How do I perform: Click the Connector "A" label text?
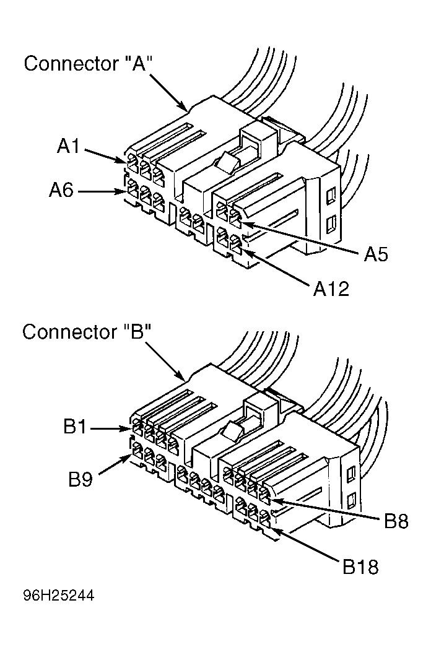tap(89, 64)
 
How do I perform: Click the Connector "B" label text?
tap(87, 332)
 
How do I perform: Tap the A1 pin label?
tap(69, 146)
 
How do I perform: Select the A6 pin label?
tap(61, 190)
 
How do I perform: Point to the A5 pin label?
tap(376, 254)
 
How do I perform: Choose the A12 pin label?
tap(331, 289)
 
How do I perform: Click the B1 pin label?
tap(75, 427)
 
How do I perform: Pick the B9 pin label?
tap(81, 479)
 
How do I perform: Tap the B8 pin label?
tap(396, 521)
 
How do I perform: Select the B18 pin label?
tap(360, 567)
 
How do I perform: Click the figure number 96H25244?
tap(59, 596)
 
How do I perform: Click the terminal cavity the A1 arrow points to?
tap(133, 165)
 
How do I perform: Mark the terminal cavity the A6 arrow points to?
tap(133, 191)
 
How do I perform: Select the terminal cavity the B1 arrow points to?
tap(137, 430)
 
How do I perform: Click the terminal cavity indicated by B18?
tap(264, 520)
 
